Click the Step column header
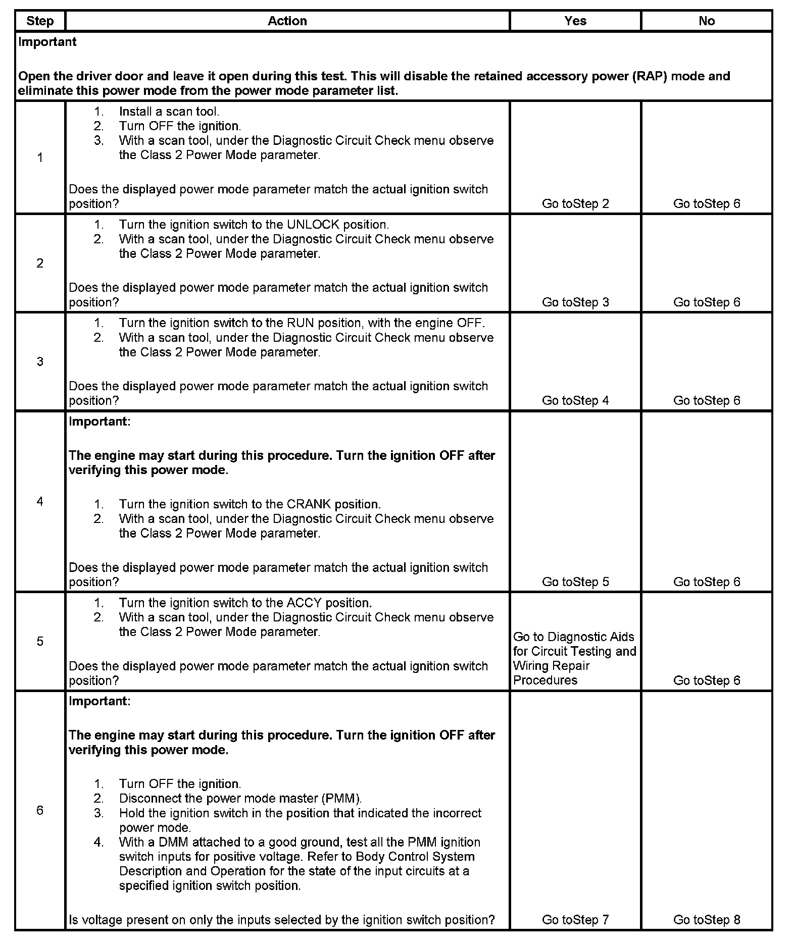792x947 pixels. pos(40,21)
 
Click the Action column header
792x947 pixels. pos(287,21)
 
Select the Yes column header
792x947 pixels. pos(575,21)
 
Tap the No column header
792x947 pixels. pos(707,21)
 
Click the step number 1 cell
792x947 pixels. pos(40,158)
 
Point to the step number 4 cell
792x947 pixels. pos(40,501)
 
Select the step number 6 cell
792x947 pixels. pos(40,810)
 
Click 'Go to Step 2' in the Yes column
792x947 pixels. pos(575,204)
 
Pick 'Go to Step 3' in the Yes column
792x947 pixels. pos(575,302)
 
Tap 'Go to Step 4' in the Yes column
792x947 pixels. pos(575,401)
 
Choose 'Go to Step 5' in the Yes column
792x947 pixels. pos(575,582)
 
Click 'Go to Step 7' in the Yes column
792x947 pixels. pos(575,920)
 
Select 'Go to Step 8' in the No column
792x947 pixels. pos(707,920)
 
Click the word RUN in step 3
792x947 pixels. pos(299,323)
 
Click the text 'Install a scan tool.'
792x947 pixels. pos(169,112)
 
